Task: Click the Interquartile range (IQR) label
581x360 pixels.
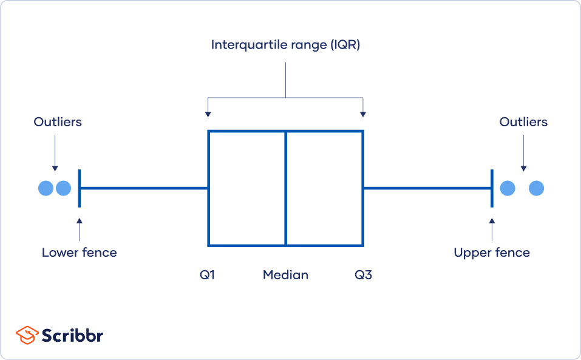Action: pos(285,45)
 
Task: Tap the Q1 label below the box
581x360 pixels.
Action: pos(208,275)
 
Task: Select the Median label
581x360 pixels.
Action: pos(285,275)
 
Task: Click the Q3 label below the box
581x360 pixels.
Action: pos(363,275)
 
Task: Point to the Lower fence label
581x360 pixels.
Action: pos(79,252)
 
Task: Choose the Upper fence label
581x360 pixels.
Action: pos(492,252)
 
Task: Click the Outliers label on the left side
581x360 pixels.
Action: pos(58,122)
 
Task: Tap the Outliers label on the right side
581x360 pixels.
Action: pos(523,122)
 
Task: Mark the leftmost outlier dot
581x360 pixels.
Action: pos(46,188)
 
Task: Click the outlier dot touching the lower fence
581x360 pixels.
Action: pos(64,188)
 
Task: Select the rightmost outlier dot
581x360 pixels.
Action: pos(536,188)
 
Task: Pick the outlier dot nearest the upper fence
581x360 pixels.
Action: pos(508,188)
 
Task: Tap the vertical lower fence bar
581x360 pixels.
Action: pos(80,188)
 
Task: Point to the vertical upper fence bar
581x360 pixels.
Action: pos(492,188)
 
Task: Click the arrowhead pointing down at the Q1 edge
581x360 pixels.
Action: pos(208,114)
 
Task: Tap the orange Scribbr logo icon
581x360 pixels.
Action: pos(27,335)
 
